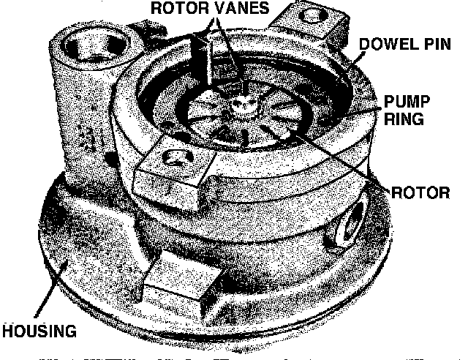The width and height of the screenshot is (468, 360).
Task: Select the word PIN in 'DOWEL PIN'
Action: pyautogui.click(x=437, y=44)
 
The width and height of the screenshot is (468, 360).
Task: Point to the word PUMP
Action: pyautogui.click(x=407, y=102)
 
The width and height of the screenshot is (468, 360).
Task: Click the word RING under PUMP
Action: pyautogui.click(x=404, y=119)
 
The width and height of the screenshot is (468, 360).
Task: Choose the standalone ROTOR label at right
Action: pyautogui.click(x=420, y=192)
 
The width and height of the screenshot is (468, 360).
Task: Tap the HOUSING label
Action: pyautogui.click(x=39, y=331)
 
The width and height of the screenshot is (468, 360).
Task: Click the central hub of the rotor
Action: pyautogui.click(x=244, y=105)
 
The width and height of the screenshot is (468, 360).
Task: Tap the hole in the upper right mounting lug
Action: pyautogui.click(x=312, y=15)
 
